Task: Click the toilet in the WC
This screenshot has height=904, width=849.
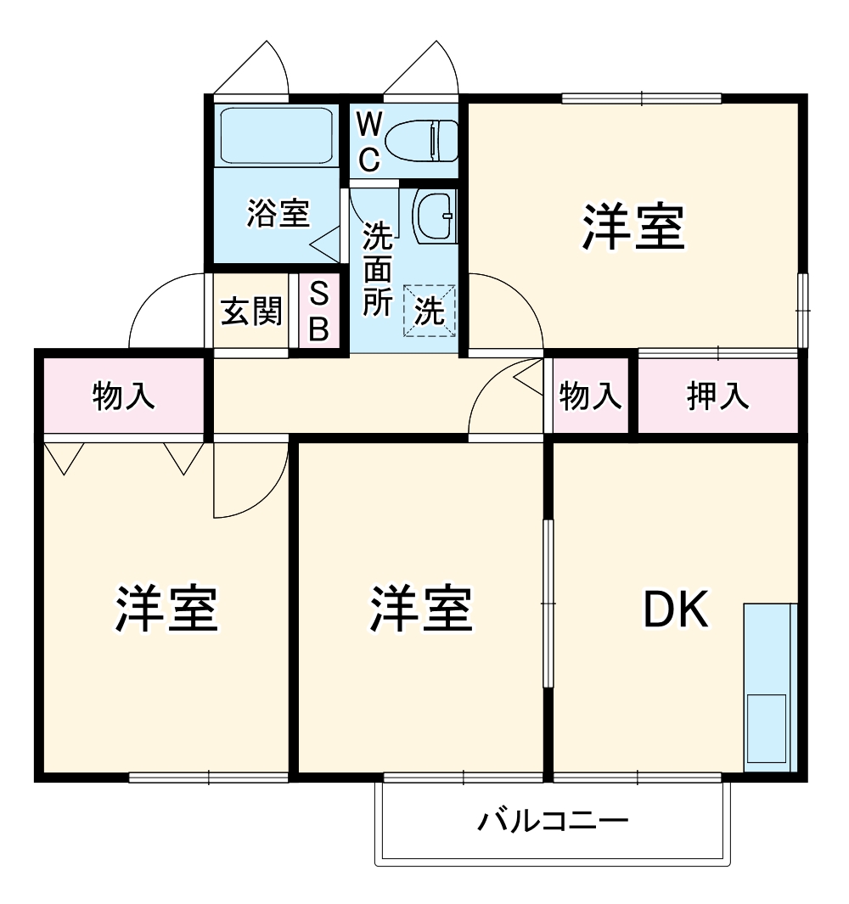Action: pos(422,139)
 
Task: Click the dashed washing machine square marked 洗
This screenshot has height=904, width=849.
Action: pos(430,311)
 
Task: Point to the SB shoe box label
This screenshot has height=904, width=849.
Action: pos(318,312)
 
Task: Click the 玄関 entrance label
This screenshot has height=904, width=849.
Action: pos(251,312)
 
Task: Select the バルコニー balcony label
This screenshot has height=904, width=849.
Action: pos(553,822)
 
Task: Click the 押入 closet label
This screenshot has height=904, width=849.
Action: pos(718,396)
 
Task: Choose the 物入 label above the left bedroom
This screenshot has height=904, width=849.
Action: pos(124,396)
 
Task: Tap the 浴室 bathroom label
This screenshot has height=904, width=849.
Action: pos(278,213)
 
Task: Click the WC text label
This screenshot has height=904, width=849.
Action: pos(368,141)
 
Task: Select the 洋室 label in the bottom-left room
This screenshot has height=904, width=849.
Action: pos(167,609)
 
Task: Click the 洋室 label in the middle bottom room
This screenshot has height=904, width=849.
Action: pos(421,609)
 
